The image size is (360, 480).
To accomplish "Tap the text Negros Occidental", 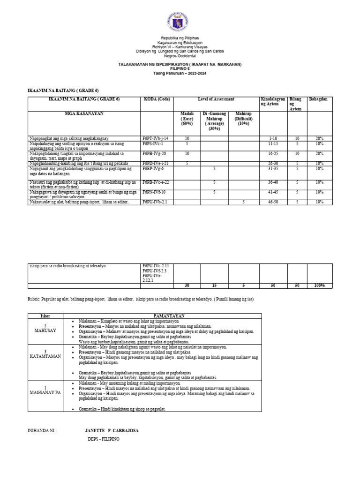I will pos(180,55).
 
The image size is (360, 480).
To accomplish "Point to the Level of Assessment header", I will pos(216,99).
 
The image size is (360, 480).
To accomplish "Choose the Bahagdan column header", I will pos(317,99).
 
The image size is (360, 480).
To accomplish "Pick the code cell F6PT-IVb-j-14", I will pos(155,139).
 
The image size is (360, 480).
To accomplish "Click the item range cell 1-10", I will pos(274,139).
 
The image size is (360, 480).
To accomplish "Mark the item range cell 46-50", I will pos(274,202).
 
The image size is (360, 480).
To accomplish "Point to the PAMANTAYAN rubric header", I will pos(164,316).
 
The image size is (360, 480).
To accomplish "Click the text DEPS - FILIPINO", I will pos(104,439).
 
